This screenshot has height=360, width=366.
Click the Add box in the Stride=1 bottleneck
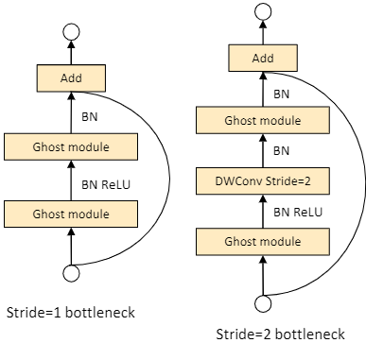[71, 78]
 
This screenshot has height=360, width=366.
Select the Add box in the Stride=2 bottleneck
[263, 58]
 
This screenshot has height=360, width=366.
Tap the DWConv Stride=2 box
[263, 180]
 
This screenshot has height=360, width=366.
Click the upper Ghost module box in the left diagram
[71, 146]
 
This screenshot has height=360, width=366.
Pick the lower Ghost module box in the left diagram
[71, 214]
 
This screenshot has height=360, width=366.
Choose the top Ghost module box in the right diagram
[263, 120]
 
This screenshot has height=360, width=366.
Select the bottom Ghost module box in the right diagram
[263, 242]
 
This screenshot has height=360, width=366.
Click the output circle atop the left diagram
[71, 32]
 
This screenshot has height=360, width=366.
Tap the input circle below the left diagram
[71, 273]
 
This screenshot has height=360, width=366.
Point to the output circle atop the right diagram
[263, 11]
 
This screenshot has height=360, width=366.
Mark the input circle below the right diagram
[263, 303]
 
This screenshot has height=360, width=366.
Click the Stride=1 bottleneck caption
[71, 313]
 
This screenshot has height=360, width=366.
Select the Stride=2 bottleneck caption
[280, 334]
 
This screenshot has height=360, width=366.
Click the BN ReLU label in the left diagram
[106, 184]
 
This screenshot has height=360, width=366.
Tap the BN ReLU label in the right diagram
[298, 212]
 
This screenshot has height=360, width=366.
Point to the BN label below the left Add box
[90, 117]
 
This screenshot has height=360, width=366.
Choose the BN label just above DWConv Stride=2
[281, 150]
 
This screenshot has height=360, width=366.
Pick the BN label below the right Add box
[281, 94]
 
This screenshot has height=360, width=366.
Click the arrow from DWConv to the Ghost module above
[263, 150]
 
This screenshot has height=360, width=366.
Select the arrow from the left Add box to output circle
[71, 53]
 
